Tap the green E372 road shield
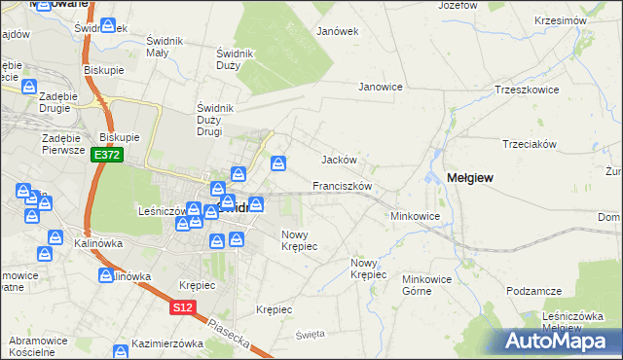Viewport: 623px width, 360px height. click(x=107, y=156)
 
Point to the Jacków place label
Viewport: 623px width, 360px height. click(x=340, y=160)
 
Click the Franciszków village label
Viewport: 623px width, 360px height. click(x=343, y=185)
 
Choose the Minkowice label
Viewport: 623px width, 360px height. click(x=416, y=216)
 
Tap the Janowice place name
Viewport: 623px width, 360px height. click(x=381, y=87)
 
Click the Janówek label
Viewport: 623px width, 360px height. click(x=338, y=31)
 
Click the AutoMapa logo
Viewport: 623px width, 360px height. click(x=561, y=342)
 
